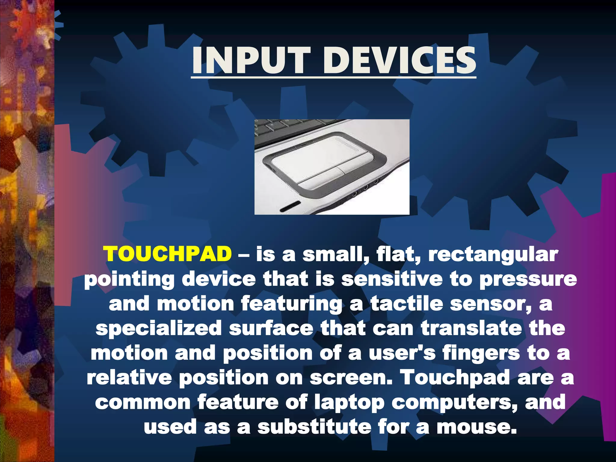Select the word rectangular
pyautogui.click(x=493, y=255)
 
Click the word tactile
pyautogui.click(x=406, y=303)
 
